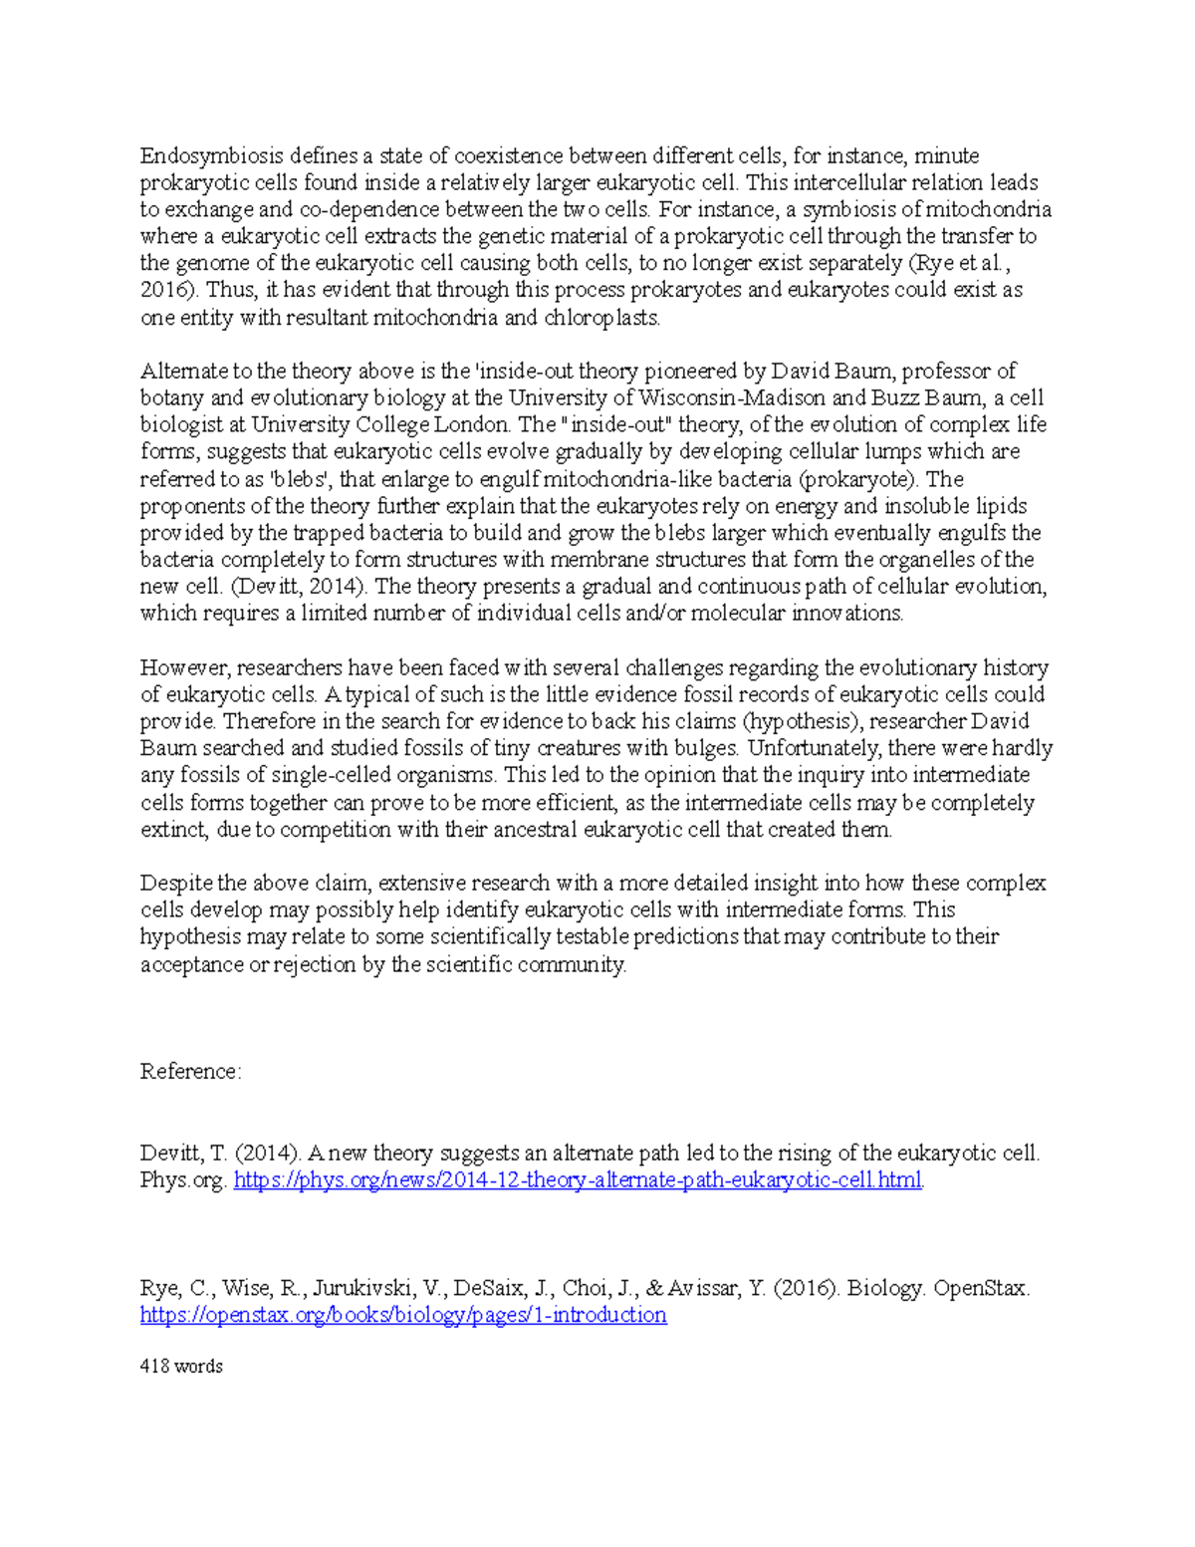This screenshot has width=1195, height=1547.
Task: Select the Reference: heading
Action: tap(190, 1071)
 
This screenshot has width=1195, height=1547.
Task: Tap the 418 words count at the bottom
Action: tap(181, 1367)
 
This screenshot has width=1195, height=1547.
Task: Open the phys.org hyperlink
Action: tap(578, 1180)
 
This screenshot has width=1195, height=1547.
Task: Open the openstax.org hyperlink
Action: tap(403, 1315)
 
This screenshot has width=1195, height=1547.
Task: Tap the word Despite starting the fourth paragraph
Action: tap(175, 883)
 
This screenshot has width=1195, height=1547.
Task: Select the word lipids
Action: tap(1001, 505)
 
